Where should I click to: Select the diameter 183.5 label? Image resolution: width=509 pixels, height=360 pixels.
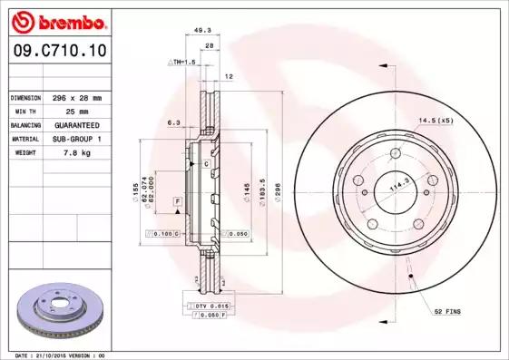tap(262, 192)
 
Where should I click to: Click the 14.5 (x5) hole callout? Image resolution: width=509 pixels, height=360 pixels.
tap(435, 121)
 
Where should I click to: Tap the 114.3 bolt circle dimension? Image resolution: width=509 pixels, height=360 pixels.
tap(396, 188)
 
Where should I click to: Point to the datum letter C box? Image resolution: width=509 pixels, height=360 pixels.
tap(207, 163)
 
